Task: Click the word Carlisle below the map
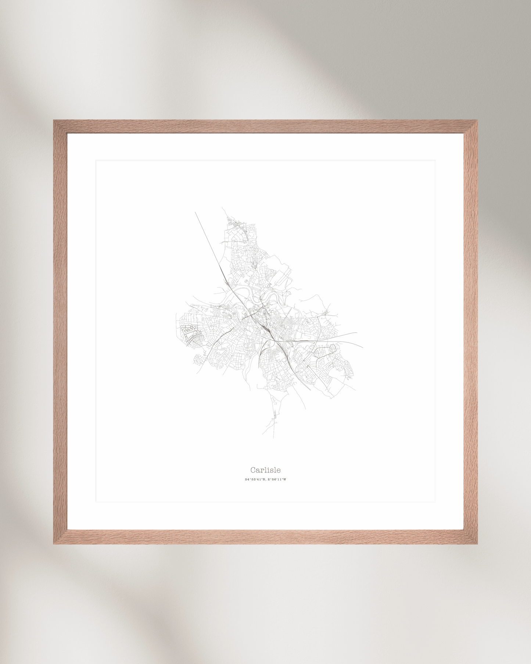(265, 470)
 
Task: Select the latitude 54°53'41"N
(255, 479)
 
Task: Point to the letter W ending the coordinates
(284, 479)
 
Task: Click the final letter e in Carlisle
(279, 470)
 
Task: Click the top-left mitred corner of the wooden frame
(60, 127)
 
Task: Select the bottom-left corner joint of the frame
(60, 537)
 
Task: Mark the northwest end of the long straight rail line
(195, 212)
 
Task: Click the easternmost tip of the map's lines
(363, 347)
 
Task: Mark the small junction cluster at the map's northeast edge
(326, 313)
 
